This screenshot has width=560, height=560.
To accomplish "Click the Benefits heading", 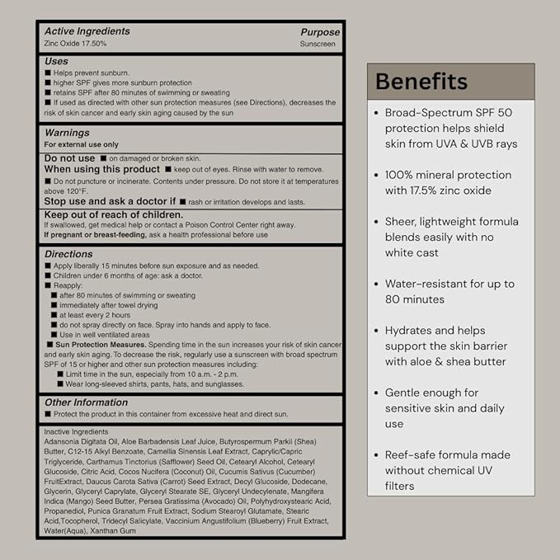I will [x=421, y=82].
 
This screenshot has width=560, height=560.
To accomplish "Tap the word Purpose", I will [x=319, y=32].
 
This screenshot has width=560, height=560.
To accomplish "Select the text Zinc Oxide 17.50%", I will [x=75, y=43].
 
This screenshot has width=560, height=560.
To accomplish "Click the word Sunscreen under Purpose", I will [x=319, y=43].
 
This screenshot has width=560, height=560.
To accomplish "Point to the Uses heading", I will [x=56, y=61].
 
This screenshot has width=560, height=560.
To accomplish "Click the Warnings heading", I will [x=67, y=132].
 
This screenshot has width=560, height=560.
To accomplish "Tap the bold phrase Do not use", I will [x=69, y=158].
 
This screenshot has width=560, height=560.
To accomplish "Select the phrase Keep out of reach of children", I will [x=114, y=214].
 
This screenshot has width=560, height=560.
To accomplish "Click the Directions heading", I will [x=68, y=254].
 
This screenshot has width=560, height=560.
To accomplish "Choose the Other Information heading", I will [x=87, y=402].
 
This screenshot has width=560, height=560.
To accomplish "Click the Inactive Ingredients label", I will [x=76, y=431].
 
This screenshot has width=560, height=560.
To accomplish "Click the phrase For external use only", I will [x=81, y=144].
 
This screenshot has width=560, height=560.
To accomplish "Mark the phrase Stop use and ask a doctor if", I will [x=110, y=200].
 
